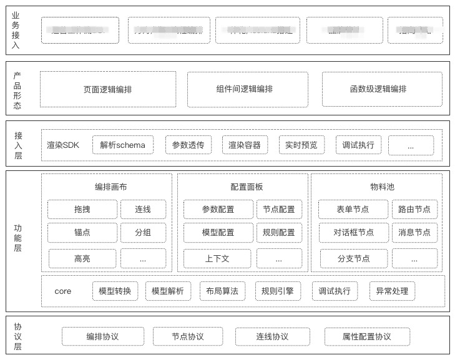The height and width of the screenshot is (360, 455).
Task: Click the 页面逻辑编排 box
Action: pos(108,89)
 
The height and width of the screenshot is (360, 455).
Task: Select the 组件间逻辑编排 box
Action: pos(247,89)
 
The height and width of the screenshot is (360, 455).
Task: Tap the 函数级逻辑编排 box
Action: pos(378,89)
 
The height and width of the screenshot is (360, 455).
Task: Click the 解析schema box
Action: pos(122,145)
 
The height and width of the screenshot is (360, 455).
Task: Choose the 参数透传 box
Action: pos(188,145)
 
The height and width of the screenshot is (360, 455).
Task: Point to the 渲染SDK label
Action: pos(63,145)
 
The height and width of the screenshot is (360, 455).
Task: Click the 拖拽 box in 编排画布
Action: pos(82,210)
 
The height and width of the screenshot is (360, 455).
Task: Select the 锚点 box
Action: pos(82,233)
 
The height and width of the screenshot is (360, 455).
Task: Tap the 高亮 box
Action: pos(82,258)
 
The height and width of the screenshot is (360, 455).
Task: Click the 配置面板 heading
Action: pos(242,187)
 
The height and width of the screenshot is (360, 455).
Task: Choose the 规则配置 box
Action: pos(278,233)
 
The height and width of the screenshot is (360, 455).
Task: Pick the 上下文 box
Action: pos(217,258)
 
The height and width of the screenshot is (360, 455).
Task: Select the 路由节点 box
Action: pos(414,210)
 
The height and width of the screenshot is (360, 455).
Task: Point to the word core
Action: pos(63,291)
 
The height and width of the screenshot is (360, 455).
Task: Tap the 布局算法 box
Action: pos(222,291)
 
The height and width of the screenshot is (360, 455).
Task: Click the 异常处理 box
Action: pos(392,291)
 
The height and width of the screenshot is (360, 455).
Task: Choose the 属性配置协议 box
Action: pos(367,337)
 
